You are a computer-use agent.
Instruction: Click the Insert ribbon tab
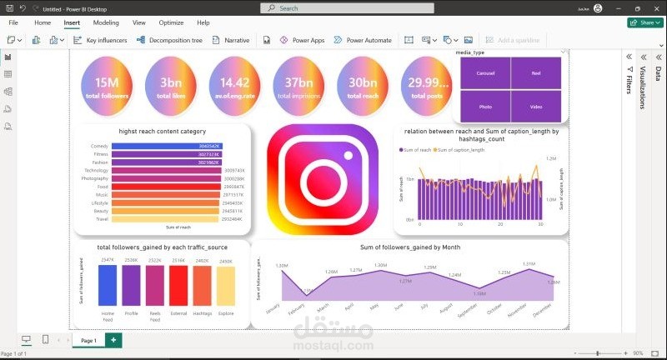pos(72,22)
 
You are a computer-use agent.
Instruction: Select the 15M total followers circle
pos(108,87)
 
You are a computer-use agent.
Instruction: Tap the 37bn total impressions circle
pos(298,87)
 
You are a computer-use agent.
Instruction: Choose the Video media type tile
pos(536,107)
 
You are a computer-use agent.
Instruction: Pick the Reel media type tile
pos(536,73)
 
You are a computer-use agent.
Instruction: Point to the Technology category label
pos(96,171)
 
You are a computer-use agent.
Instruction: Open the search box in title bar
pos(333,8)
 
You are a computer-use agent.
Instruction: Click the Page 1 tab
pos(88,341)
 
